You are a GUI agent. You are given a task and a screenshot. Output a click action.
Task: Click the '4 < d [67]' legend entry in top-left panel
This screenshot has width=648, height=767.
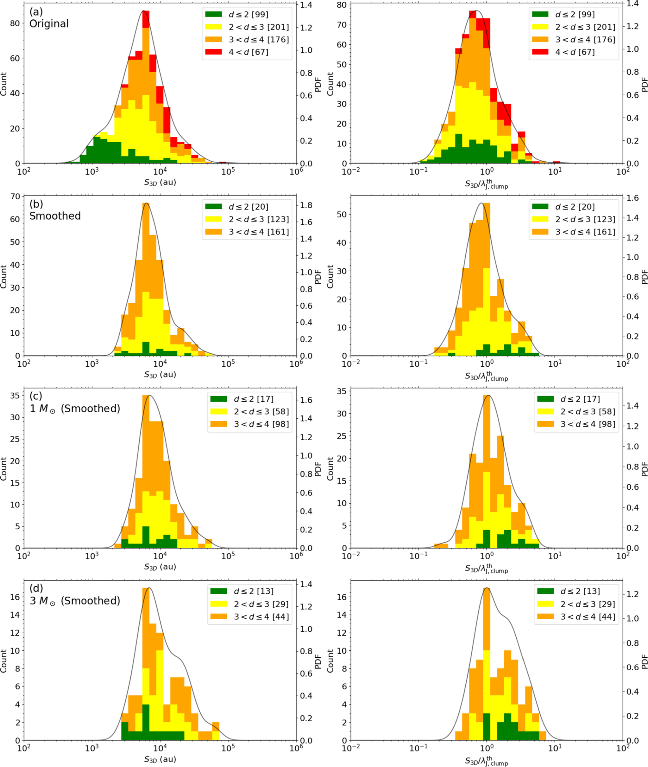click(x=248, y=52)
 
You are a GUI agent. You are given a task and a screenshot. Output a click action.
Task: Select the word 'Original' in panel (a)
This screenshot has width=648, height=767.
click(x=49, y=24)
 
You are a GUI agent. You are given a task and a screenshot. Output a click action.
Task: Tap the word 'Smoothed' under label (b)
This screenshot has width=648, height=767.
click(x=55, y=216)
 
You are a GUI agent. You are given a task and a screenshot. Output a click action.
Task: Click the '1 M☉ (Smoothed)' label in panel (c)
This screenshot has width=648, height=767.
click(x=75, y=409)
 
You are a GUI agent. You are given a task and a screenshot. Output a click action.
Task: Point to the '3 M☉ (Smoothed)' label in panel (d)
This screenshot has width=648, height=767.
click(x=75, y=601)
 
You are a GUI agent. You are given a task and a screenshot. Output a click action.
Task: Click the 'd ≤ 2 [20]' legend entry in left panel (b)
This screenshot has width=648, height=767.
click(x=248, y=207)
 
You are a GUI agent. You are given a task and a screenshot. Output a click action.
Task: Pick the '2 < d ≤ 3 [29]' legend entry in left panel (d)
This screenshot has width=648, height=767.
click(x=261, y=604)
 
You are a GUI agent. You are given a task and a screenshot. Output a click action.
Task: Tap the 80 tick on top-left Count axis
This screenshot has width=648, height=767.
click(x=15, y=23)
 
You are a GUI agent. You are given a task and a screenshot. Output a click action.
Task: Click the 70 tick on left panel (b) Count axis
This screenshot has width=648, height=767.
click(x=15, y=197)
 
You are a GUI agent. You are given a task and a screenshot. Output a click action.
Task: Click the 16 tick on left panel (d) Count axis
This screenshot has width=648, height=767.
click(x=15, y=597)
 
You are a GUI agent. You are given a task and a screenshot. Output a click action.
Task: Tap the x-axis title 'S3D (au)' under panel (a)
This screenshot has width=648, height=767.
click(x=160, y=182)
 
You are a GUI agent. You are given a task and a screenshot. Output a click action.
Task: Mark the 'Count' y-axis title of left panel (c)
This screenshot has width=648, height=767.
click(x=4, y=468)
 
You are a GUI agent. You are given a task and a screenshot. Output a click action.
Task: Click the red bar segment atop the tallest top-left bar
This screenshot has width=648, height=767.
click(x=146, y=19)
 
